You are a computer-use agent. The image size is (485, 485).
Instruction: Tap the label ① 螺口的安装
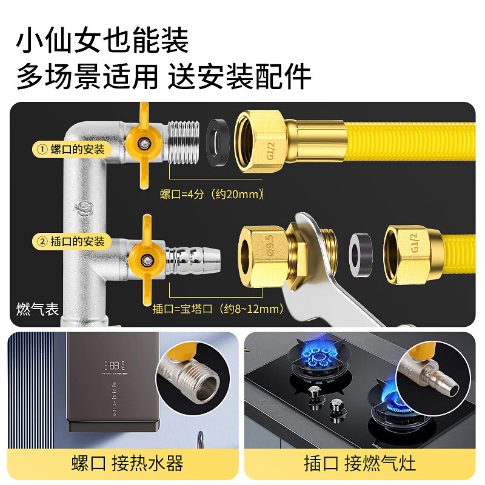coord(72,149)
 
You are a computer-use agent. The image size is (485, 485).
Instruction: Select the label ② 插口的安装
coord(72,241)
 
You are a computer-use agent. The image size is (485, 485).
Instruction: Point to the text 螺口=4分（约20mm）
coord(213,194)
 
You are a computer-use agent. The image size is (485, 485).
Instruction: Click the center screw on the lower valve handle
coord(146,261)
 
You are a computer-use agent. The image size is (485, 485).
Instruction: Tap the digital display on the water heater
coord(113,366)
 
